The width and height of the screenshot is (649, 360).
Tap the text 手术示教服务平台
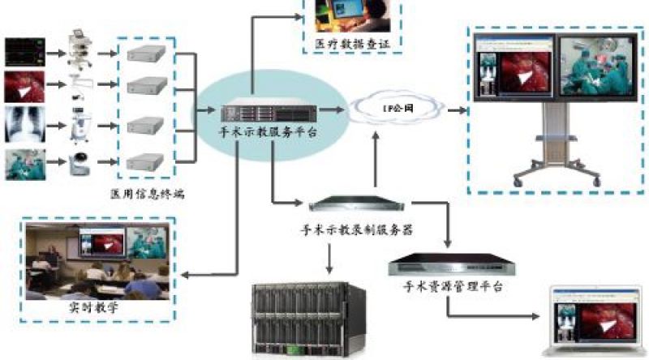258,131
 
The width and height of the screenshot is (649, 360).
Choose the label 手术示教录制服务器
357,229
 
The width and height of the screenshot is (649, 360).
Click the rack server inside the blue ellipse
257,110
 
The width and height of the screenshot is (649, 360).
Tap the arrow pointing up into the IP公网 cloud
375,150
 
